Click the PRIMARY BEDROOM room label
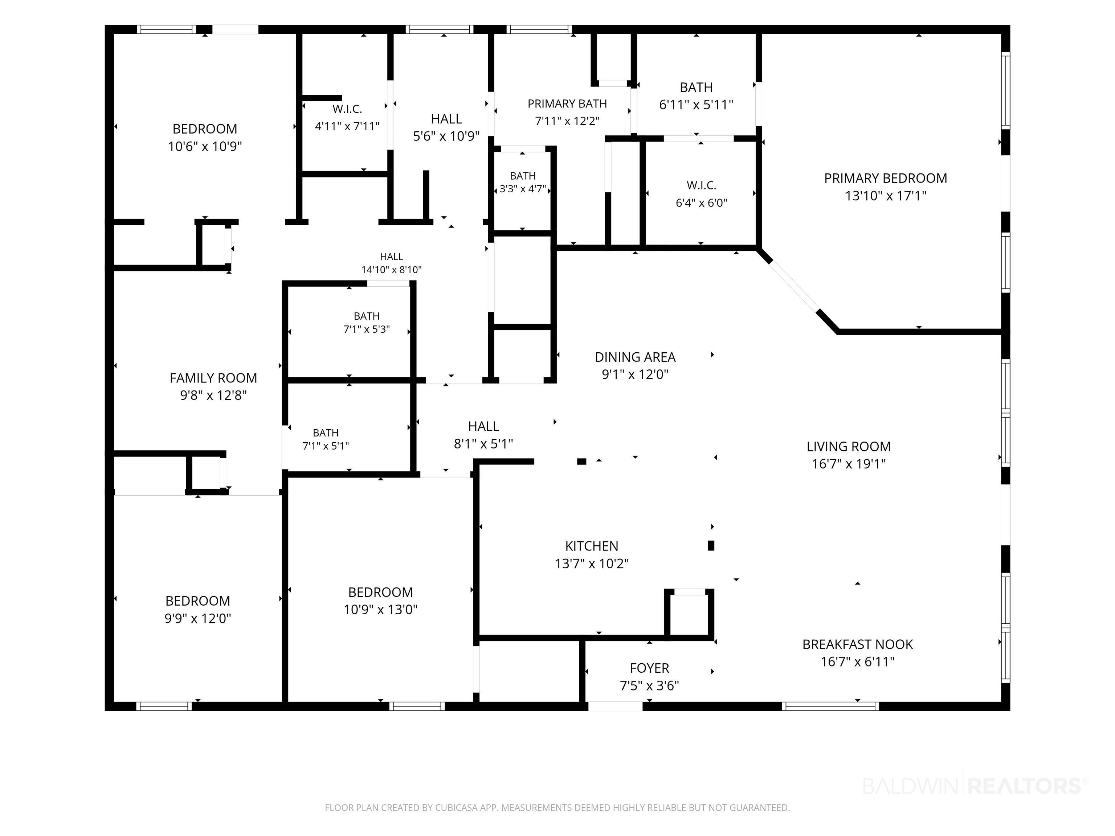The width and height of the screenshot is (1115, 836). (886, 179)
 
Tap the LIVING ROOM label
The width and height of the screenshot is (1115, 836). (849, 446)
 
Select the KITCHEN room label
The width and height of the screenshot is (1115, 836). (592, 546)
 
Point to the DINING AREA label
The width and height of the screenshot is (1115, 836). (635, 357)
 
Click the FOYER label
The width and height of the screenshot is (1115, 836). (650, 668)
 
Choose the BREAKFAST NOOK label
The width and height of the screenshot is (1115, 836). (858, 644)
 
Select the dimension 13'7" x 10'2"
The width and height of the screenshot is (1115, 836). (592, 564)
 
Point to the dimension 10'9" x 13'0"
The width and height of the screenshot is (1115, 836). (381, 610)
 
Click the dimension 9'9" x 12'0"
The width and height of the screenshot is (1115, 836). (197, 618)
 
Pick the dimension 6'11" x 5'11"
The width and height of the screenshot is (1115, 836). (696, 105)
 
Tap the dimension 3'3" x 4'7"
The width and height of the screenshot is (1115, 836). (523, 189)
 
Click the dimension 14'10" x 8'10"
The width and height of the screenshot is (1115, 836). (392, 270)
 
